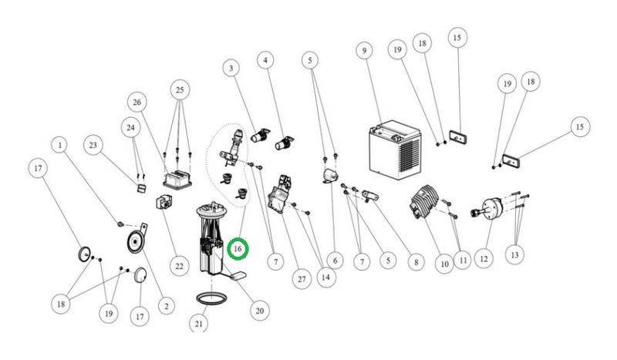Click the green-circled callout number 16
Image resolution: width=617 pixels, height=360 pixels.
238,249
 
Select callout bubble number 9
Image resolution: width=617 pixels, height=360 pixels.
362,51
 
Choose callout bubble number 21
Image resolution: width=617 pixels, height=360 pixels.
199,324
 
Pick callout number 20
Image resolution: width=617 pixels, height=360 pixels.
259,310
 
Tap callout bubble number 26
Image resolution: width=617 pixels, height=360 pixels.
137,102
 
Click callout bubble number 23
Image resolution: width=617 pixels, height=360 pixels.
94,143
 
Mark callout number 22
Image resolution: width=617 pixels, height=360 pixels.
179,267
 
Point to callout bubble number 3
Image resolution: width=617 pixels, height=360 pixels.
229,68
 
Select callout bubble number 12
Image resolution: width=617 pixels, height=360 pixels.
484,260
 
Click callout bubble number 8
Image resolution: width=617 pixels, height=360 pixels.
415,262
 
